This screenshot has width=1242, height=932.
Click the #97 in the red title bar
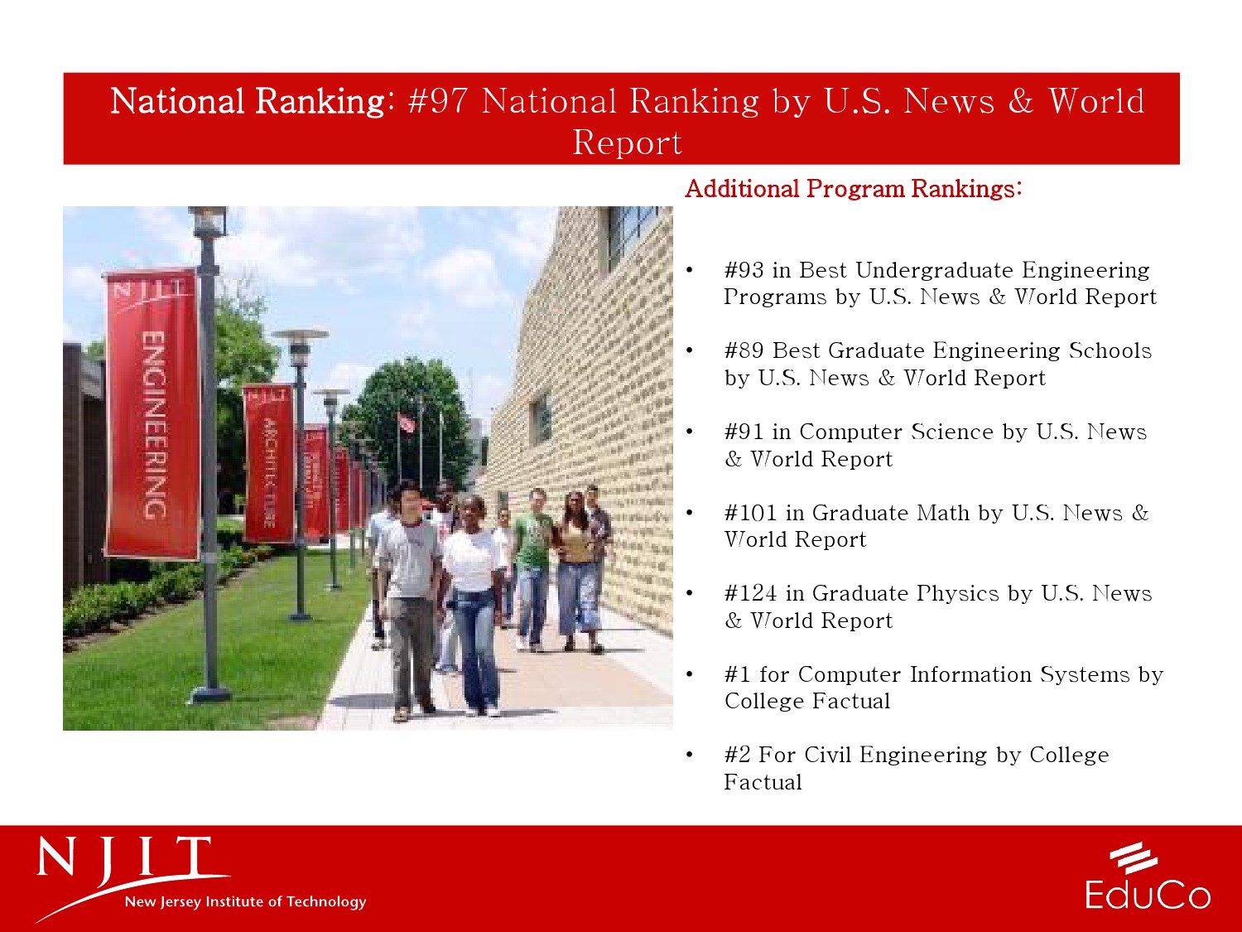click(438, 101)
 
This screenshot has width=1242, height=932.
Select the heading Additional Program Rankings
click(854, 188)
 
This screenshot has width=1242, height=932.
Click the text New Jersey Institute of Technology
click(246, 901)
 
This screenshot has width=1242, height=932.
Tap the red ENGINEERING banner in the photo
click(153, 414)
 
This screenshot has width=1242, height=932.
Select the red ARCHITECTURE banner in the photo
click(269, 463)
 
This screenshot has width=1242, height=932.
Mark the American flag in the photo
click(406, 423)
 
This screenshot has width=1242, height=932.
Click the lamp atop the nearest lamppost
click(208, 220)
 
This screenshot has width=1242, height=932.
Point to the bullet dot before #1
click(689, 674)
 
